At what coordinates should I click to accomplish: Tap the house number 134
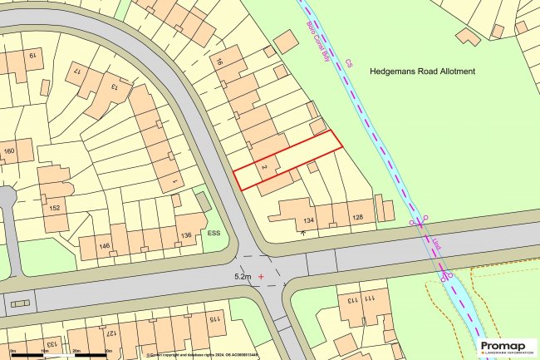pyautogui.click(x=308, y=220)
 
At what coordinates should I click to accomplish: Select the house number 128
pyautogui.click(x=358, y=218)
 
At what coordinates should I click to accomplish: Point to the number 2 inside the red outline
pyautogui.click(x=263, y=169)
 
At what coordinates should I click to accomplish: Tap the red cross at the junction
pyautogui.click(x=263, y=274)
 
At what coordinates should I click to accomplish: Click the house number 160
pyautogui.click(x=9, y=151)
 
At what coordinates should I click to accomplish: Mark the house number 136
pyautogui.click(x=186, y=236)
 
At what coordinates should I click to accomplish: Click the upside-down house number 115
pyautogui.click(x=213, y=318)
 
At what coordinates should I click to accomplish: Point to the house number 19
pyautogui.click(x=34, y=57)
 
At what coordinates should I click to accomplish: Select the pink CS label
pyautogui.click(x=350, y=63)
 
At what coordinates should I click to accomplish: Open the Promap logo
pyautogui.click(x=508, y=348)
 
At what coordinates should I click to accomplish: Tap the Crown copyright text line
pyautogui.click(x=192, y=354)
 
